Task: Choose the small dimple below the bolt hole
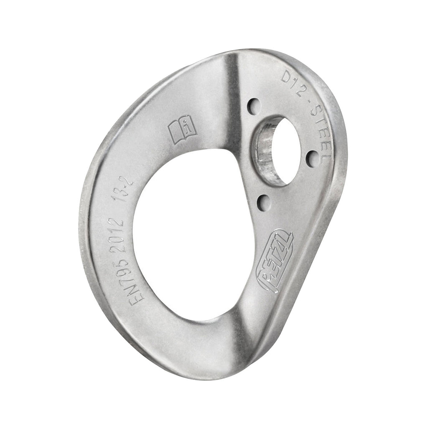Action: pos(263,203)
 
